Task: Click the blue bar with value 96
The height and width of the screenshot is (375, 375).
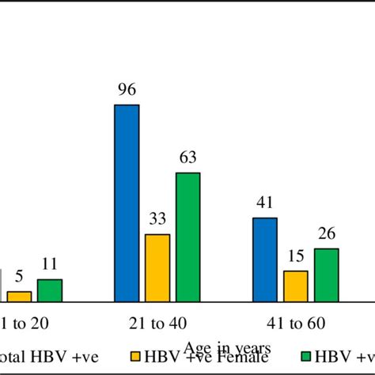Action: click(127, 203)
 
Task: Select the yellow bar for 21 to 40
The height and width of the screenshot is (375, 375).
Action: click(157, 267)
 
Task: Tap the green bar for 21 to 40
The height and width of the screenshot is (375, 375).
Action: click(187, 237)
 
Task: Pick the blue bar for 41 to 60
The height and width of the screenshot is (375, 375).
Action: click(265, 259)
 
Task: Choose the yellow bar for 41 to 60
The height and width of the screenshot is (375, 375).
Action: click(295, 286)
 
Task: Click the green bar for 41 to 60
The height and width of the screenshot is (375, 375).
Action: click(326, 275)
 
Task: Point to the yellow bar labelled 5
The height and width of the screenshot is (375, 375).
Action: click(20, 296)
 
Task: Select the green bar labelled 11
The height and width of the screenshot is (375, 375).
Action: click(49, 290)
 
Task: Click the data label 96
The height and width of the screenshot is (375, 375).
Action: click(127, 91)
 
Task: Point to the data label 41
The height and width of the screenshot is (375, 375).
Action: click(265, 204)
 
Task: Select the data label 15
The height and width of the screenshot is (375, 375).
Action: click(295, 257)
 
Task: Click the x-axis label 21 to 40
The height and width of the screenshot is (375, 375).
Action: click(157, 324)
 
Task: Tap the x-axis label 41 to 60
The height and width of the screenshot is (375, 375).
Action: click(295, 324)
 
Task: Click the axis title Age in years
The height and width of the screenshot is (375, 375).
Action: click(228, 347)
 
